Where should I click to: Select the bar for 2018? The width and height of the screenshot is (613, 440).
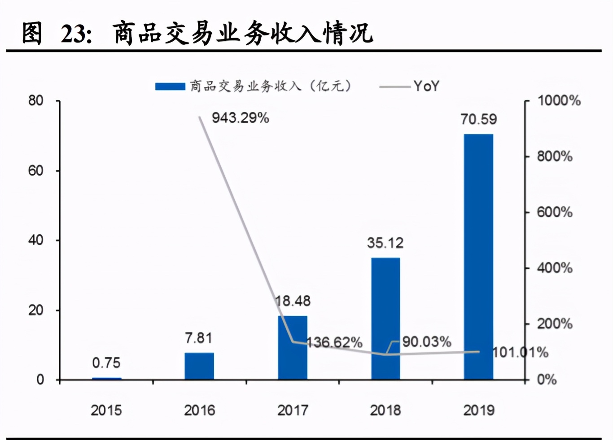[x=385, y=319]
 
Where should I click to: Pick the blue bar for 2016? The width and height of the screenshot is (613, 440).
[x=199, y=366]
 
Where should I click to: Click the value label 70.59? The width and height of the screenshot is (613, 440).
[x=478, y=119]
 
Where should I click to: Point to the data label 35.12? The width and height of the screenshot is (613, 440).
[x=385, y=243]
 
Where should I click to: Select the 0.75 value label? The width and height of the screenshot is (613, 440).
[x=106, y=362]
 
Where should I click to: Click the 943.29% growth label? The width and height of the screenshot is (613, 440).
[x=241, y=118]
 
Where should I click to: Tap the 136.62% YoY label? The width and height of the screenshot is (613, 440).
[x=335, y=343]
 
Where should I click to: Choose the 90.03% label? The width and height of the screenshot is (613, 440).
[x=426, y=342]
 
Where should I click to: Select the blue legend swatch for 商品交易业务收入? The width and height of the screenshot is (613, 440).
[x=170, y=86]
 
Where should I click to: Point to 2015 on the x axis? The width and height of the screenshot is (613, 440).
[x=106, y=410]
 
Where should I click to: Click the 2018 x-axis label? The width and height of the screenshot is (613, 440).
[x=385, y=410]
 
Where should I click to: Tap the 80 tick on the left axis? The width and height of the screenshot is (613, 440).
[x=36, y=100]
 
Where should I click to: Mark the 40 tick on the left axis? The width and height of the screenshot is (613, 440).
[x=36, y=240]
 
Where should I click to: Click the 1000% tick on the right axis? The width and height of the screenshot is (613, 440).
[x=559, y=100]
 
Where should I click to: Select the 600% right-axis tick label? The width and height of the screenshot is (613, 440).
[x=555, y=212]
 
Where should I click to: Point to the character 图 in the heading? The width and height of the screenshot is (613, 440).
[x=32, y=33]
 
